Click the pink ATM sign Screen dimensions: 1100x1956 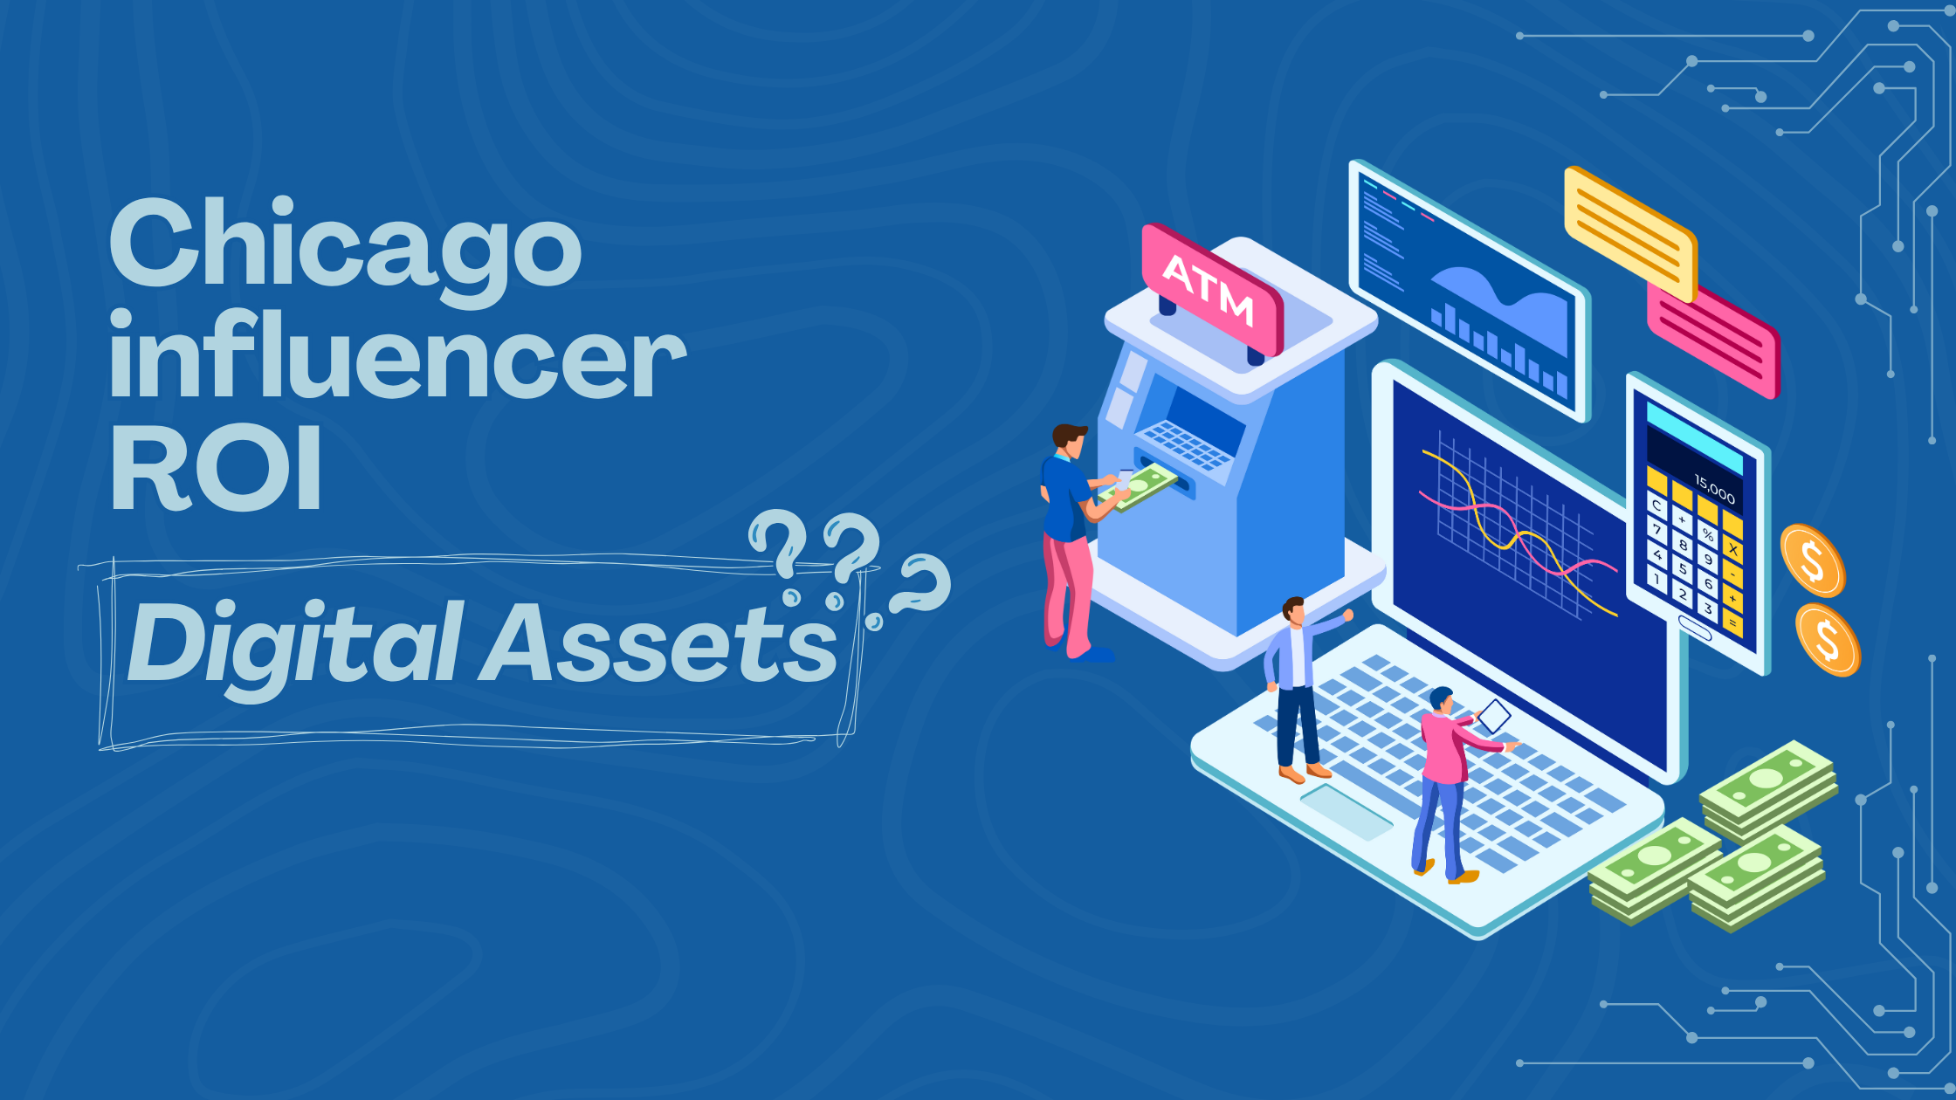[x=1212, y=288]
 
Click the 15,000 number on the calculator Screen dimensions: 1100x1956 [x=1714, y=489]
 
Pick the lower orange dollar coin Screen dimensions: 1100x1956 [x=1828, y=640]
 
